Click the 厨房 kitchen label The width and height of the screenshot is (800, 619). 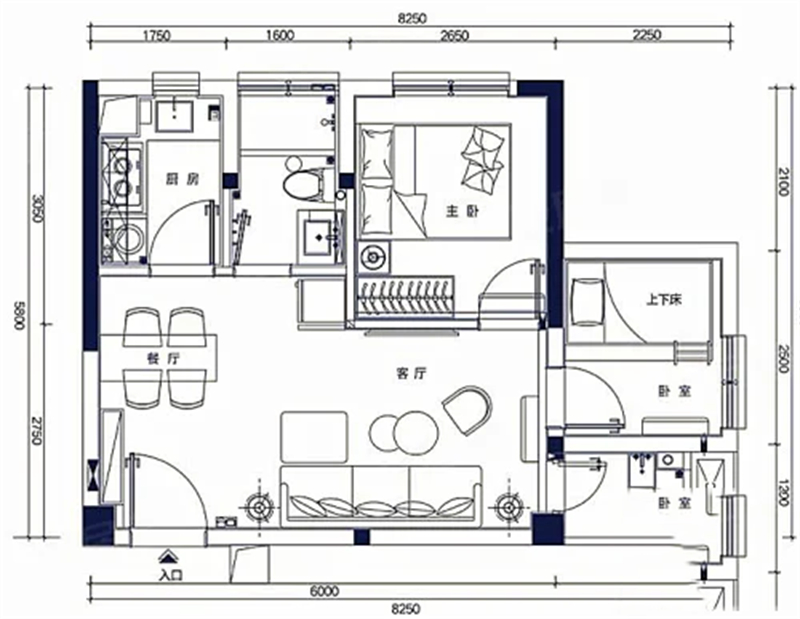[182, 179]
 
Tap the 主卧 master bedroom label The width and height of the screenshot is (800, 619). [463, 211]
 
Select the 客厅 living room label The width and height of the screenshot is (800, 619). [411, 374]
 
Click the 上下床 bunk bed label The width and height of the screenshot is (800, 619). [664, 300]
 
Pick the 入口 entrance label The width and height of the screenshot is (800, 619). [170, 575]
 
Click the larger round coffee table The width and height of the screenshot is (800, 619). [416, 433]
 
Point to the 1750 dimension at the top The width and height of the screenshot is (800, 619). [157, 36]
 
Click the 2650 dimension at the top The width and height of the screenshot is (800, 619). [454, 36]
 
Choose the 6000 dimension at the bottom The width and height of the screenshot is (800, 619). [324, 591]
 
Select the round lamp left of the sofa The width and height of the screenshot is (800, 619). [260, 508]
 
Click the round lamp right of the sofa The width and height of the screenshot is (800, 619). [509, 507]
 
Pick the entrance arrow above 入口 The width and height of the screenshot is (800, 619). [165, 556]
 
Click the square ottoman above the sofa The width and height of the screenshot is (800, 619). [314, 437]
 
